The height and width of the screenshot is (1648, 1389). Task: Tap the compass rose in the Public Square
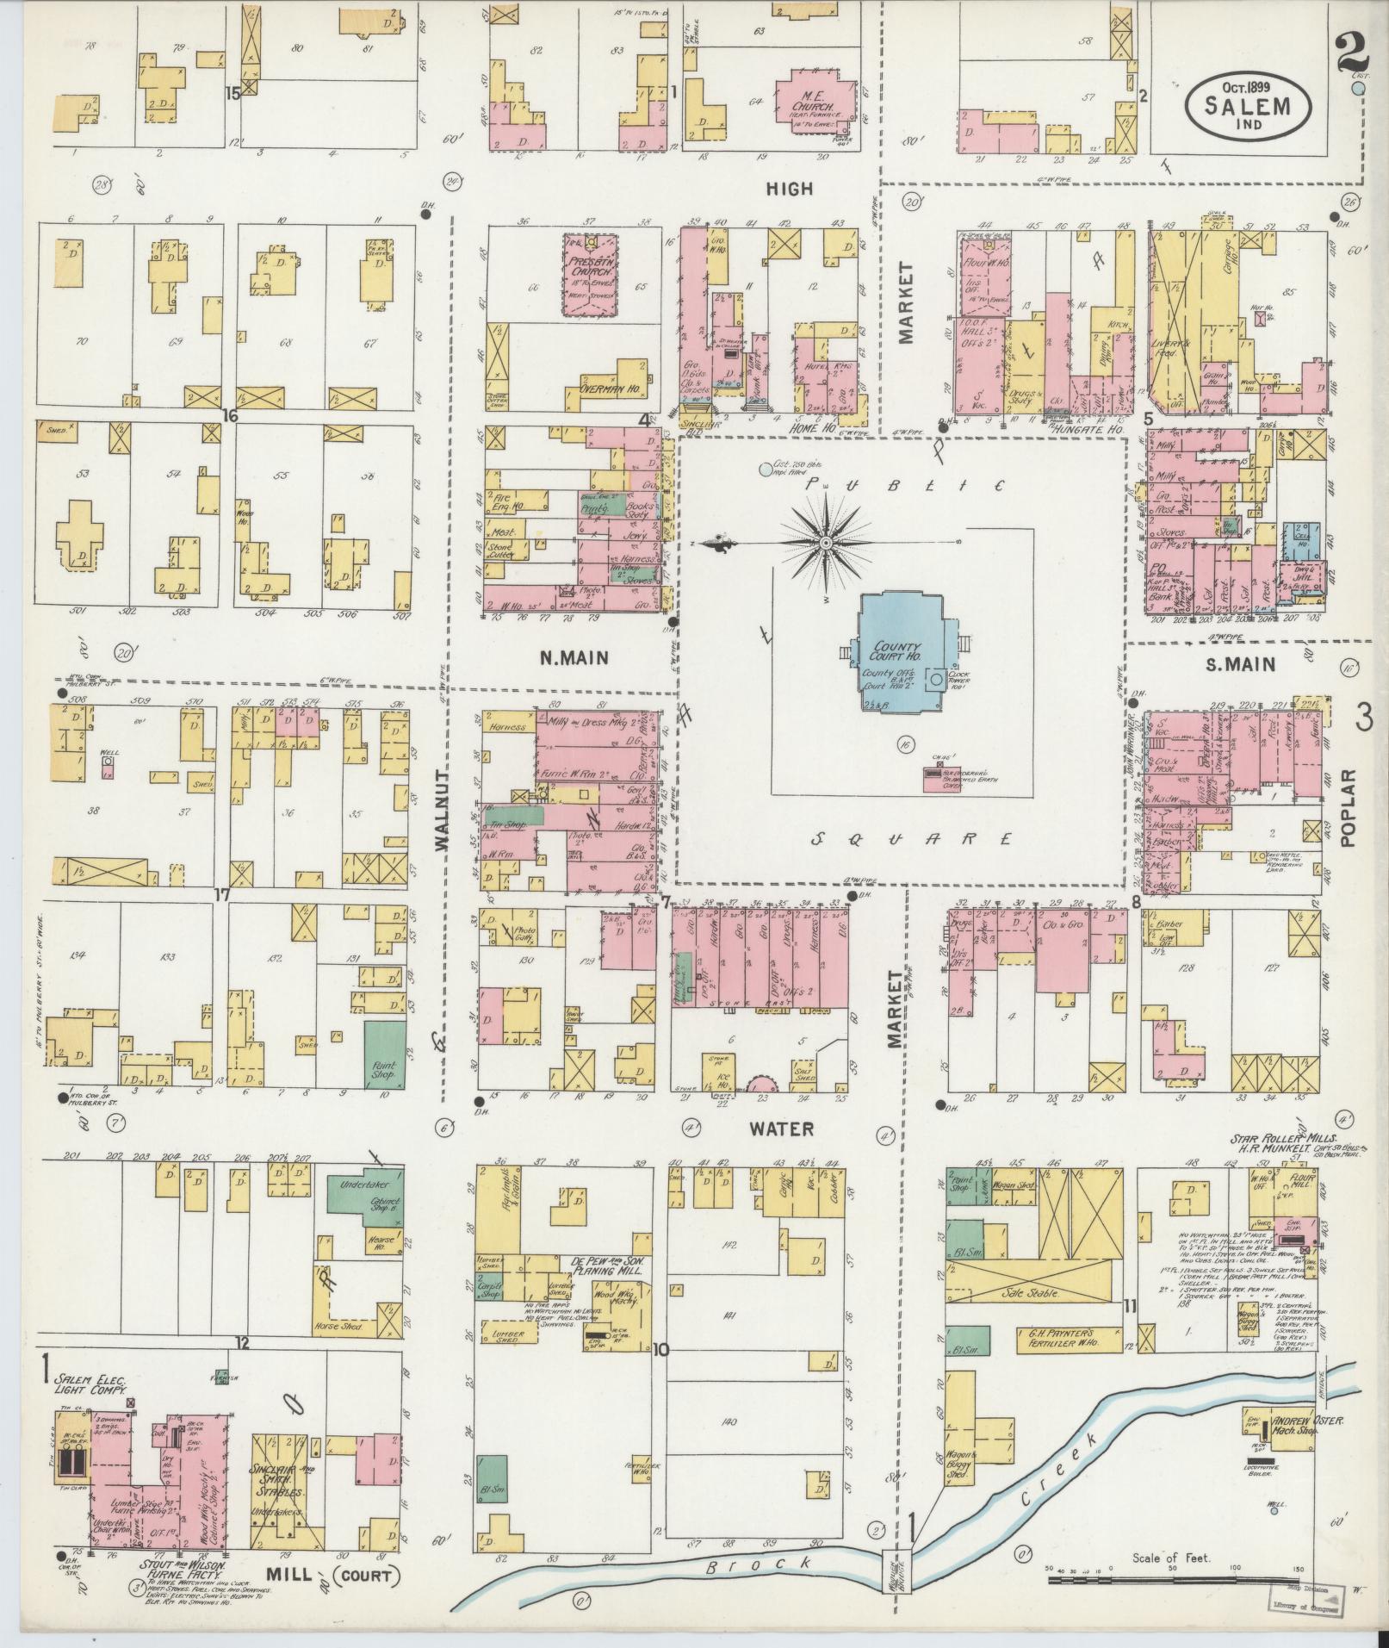pyautogui.click(x=825, y=543)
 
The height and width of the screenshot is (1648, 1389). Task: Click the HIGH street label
pyautogui.click(x=789, y=189)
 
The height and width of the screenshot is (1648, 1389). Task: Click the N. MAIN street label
pyautogui.click(x=574, y=659)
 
